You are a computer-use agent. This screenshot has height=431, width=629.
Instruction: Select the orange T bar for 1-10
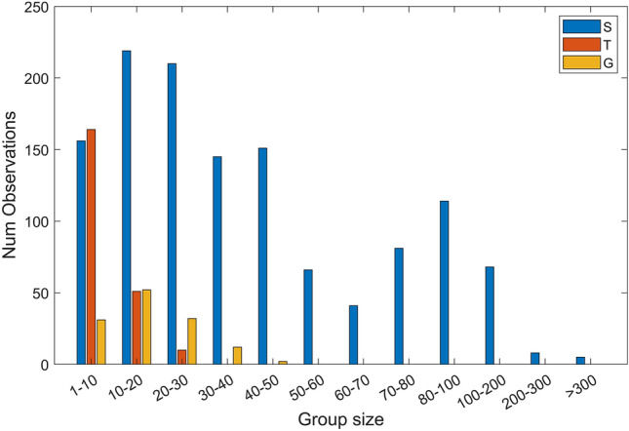tap(91, 247)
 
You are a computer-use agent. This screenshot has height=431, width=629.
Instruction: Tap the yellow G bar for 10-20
tap(146, 327)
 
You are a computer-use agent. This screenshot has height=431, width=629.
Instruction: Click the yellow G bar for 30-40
tap(237, 356)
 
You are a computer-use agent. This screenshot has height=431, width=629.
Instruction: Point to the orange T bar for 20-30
tap(181, 357)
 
